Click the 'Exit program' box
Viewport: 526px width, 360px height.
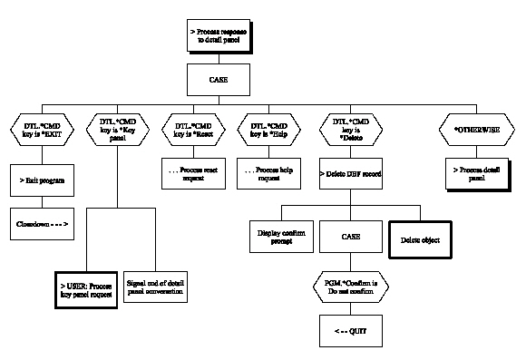pos(42,180)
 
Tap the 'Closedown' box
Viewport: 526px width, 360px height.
pos(42,222)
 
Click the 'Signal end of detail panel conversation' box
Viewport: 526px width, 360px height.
pos(155,287)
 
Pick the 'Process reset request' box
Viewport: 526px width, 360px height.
pos(194,174)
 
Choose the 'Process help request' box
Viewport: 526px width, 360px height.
pos(269,174)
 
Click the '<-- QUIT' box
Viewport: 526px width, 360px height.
pos(351,330)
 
